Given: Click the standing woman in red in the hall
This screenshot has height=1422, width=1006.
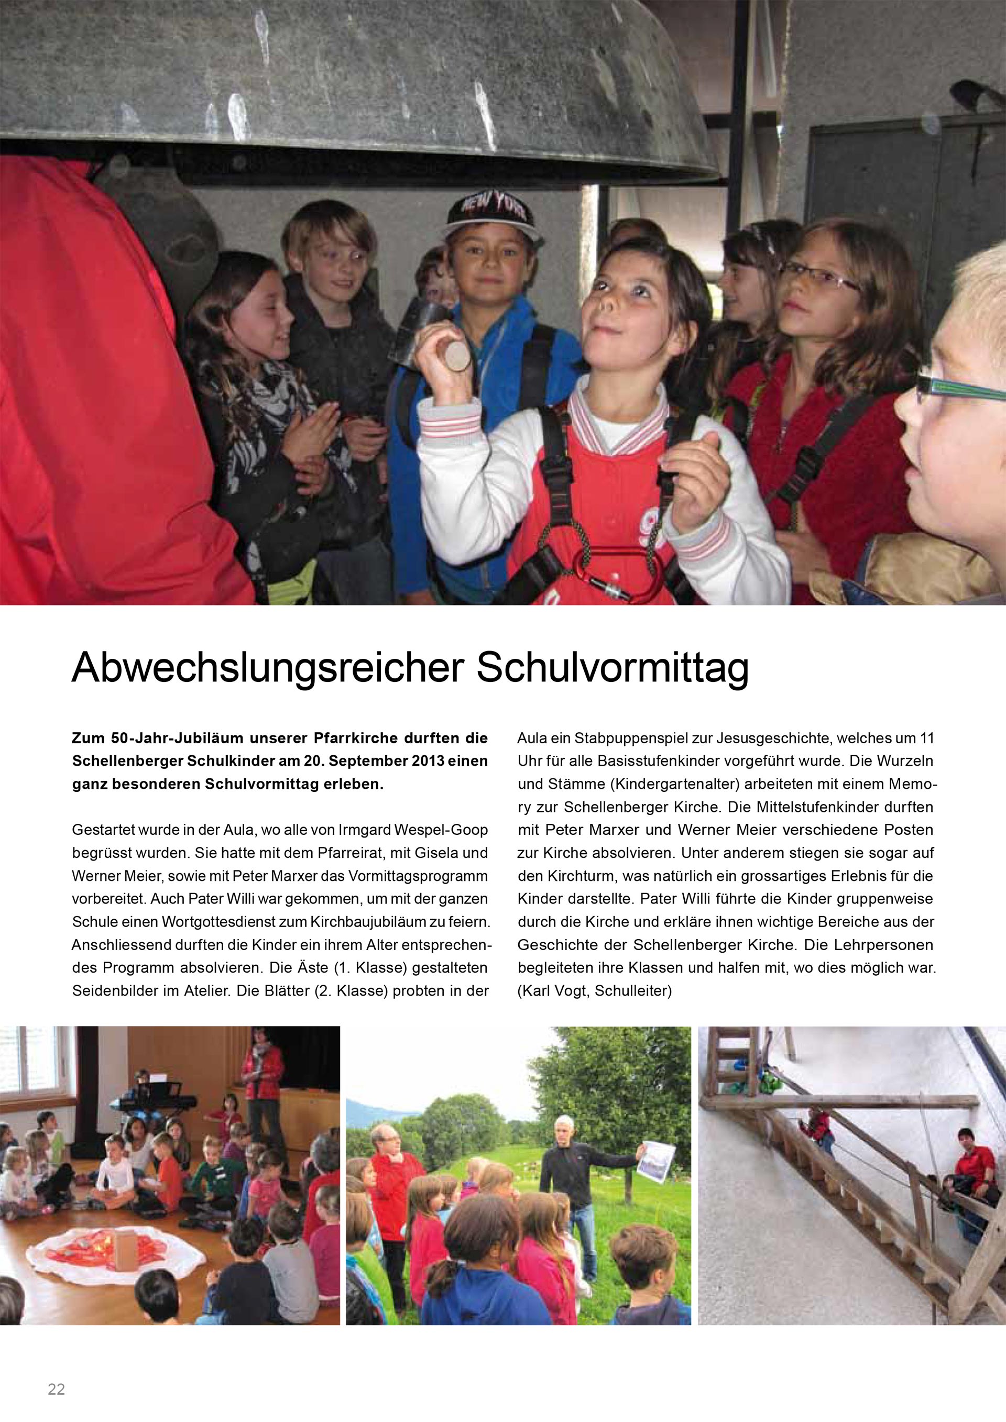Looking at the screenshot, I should click(262, 1076).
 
